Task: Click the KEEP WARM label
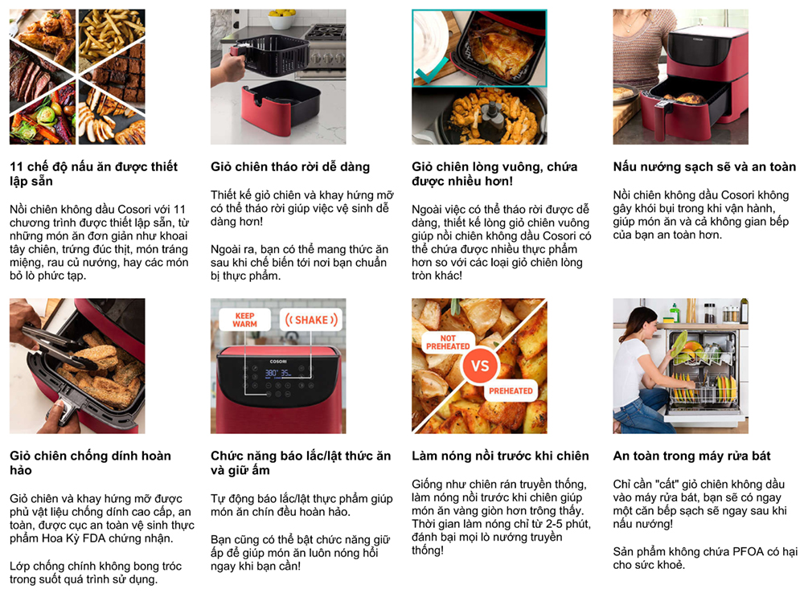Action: (x=244, y=320)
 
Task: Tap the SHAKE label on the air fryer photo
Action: (x=311, y=320)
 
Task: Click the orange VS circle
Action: (x=480, y=366)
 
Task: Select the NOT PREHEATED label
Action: (x=448, y=342)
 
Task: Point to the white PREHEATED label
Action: (x=511, y=391)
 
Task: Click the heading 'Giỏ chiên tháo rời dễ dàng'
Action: (x=290, y=166)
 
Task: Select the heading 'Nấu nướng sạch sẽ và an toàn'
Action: (x=704, y=166)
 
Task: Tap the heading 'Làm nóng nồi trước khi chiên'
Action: (x=500, y=456)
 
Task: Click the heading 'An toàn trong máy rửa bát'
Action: (x=691, y=456)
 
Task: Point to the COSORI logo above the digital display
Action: (x=278, y=362)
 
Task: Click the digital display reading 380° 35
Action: (x=278, y=373)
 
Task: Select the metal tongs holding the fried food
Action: (x=59, y=347)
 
